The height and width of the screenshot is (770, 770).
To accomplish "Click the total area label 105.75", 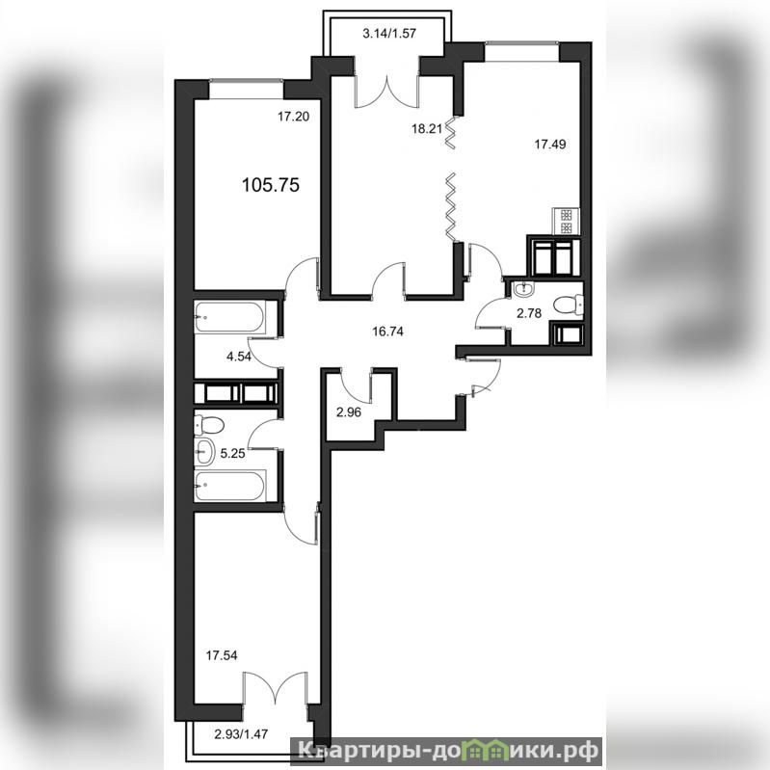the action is (271, 185).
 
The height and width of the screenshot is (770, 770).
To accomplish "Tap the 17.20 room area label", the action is (293, 117).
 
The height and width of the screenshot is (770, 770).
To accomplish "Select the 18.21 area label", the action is (427, 129).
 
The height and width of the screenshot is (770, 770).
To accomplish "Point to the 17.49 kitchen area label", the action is (550, 145).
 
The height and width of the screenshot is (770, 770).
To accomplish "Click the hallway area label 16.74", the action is (388, 332).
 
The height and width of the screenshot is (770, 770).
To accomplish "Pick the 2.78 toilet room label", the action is (529, 313).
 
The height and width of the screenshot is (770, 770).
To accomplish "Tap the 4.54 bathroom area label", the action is (239, 357).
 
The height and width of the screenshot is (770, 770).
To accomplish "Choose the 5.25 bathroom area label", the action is (232, 454).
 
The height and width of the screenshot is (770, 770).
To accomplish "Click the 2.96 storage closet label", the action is (349, 412).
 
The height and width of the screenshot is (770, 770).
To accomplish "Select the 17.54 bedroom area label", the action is (222, 655).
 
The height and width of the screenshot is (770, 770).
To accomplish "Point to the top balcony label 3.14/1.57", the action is (389, 34).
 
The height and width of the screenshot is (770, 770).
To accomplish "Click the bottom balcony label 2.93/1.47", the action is (241, 734).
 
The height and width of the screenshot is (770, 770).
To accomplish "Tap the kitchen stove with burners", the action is (567, 222).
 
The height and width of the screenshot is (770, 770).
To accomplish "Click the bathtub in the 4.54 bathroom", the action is (230, 317).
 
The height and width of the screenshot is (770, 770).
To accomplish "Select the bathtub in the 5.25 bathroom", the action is (230, 486).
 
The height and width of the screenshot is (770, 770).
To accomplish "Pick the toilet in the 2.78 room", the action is (569, 305).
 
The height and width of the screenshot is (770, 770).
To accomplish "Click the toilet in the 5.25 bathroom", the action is (209, 424).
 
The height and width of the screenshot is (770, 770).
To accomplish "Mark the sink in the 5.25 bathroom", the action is (204, 451).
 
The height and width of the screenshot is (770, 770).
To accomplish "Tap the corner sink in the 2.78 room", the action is (522, 290).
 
